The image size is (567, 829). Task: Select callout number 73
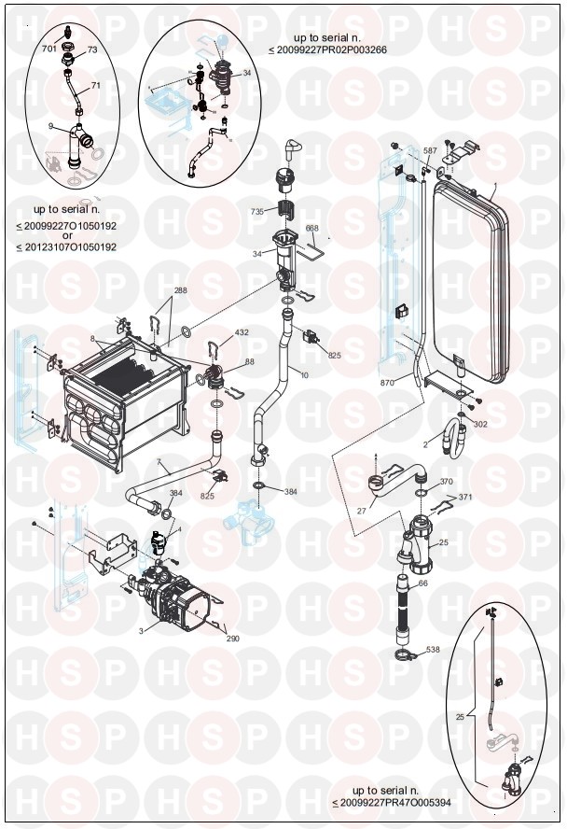pos(92,49)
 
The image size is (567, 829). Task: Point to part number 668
pos(312,229)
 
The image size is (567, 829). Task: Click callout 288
pos(180,290)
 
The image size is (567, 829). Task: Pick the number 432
pos(242,332)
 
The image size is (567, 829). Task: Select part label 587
pos(430,150)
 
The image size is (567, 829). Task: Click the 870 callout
pos(389,384)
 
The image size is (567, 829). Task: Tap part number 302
pos(480,424)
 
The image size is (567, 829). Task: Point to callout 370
pos(447,482)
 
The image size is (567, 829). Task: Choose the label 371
pos(465,498)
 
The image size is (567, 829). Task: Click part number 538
pos(433,650)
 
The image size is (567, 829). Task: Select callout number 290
pos(232,639)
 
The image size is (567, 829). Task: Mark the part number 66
pos(422,583)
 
